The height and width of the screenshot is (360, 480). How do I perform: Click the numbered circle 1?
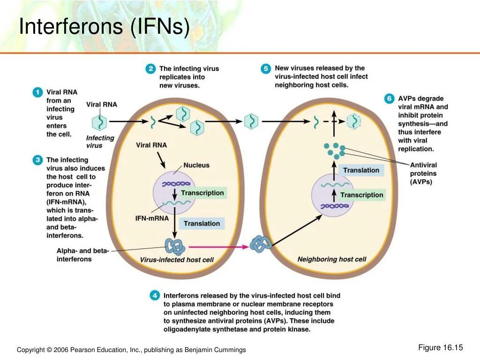[x=37, y=92]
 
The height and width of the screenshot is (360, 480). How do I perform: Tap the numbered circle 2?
[x=150, y=69]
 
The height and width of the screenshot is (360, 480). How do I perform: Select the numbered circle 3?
[x=37, y=160]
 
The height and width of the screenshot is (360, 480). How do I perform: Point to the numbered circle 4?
[x=154, y=295]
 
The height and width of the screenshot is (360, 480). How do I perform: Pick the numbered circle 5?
[x=266, y=69]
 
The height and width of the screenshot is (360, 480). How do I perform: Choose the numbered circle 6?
[x=389, y=99]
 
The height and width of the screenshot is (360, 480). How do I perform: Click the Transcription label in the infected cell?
[x=202, y=193]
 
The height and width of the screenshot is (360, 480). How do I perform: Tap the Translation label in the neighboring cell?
[x=361, y=170]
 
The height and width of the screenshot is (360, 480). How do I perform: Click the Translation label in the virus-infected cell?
[x=202, y=224]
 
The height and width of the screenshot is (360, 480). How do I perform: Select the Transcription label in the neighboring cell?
[x=362, y=195]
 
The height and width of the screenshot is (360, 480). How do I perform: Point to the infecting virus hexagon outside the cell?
[x=99, y=123]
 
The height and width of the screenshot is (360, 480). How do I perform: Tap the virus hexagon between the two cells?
[x=251, y=121]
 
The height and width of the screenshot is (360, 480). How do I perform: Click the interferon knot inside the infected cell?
[x=174, y=246]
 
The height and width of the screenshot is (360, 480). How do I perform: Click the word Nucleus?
[x=196, y=165]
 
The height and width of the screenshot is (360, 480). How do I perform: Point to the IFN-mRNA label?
[x=150, y=218]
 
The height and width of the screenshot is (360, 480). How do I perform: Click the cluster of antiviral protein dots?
[x=334, y=150]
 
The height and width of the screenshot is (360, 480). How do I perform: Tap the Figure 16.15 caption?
[x=440, y=347]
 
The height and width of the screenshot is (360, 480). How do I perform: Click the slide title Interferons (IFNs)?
[x=104, y=27]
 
